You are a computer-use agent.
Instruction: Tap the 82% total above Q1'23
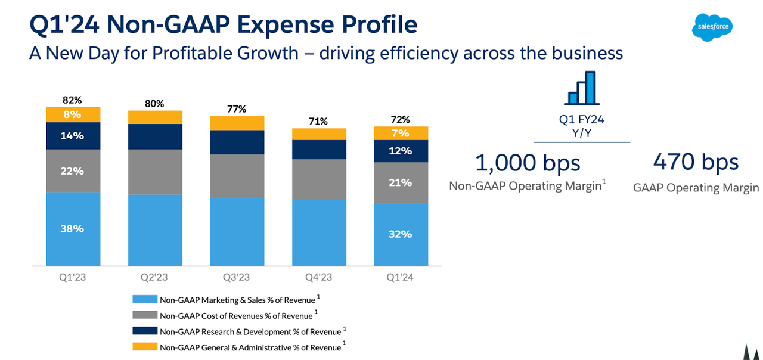72,100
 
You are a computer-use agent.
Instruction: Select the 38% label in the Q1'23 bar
72,229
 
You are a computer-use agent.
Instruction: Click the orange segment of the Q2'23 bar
155,117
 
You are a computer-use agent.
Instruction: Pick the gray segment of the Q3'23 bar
237,175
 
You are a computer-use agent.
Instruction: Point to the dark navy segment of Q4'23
318,149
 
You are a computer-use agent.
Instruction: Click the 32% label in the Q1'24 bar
400,234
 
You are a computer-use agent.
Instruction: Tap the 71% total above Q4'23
318,121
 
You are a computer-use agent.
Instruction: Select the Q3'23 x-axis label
237,277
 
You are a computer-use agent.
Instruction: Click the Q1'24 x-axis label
400,277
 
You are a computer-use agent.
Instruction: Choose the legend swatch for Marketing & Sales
145,300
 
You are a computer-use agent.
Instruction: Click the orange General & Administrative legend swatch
145,346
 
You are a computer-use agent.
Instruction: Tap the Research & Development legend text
250,331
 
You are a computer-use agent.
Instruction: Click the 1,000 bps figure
527,163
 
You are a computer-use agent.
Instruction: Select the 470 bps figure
696,162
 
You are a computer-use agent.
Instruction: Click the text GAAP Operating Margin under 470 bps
696,188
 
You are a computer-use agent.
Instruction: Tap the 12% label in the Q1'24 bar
400,151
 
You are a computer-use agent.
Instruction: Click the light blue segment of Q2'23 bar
155,229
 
